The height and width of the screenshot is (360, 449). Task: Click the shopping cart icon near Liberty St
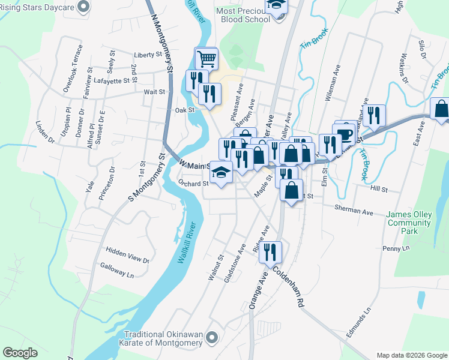pyautogui.click(x=206, y=59)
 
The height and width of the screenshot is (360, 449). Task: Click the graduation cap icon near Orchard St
pyautogui.click(x=221, y=173)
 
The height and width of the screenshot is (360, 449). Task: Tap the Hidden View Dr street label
pyautogui.click(x=127, y=254)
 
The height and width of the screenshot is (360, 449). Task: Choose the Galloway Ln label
pyautogui.click(x=118, y=270)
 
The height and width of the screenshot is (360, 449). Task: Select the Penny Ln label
pyautogui.click(x=395, y=248)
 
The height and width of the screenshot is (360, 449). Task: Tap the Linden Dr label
pyautogui.click(x=46, y=132)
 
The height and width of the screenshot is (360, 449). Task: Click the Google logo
pyautogui.click(x=20, y=353)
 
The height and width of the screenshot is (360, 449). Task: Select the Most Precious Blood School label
pyautogui.click(x=243, y=15)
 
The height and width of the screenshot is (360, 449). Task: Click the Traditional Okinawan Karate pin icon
pyautogui.click(x=210, y=338)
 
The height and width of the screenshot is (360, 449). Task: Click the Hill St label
pyautogui.click(x=379, y=189)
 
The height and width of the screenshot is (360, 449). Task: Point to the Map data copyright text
pyautogui.click(x=411, y=355)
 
